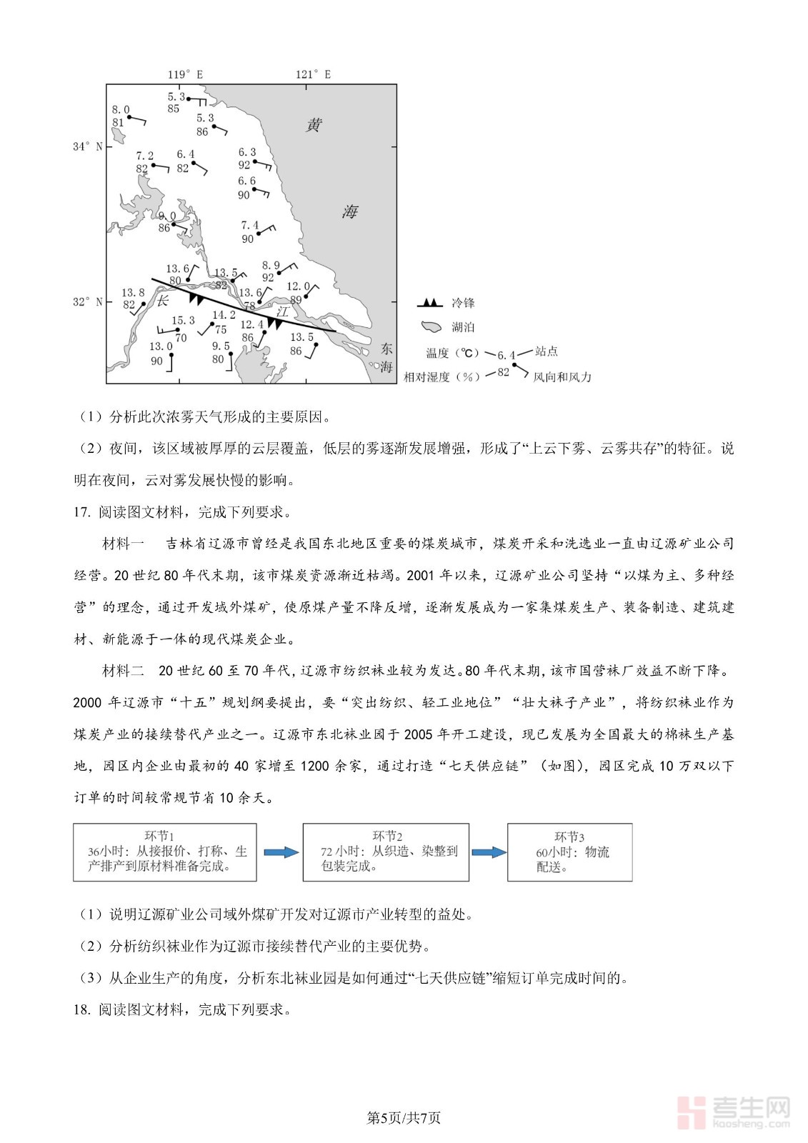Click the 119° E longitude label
pyautogui.click(x=185, y=74)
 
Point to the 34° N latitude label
pyautogui.click(x=87, y=146)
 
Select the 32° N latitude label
pyautogui.click(x=87, y=302)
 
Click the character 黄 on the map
pyautogui.click(x=314, y=126)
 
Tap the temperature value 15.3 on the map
pyautogui.click(x=183, y=321)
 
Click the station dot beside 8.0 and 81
pyautogui.click(x=129, y=116)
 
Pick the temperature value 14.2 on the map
pyautogui.click(x=224, y=315)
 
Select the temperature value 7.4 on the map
pyautogui.click(x=249, y=226)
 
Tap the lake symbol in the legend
pyautogui.click(x=432, y=327)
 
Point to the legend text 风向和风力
pyautogui.click(x=562, y=376)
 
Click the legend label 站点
pyautogui.click(x=547, y=351)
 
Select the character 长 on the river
pyautogui.click(x=163, y=300)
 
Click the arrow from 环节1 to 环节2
pyautogui.click(x=280, y=852)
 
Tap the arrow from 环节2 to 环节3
pyautogui.click(x=489, y=852)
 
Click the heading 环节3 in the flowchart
pyautogui.click(x=569, y=837)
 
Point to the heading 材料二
pyautogui.click(x=124, y=671)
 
